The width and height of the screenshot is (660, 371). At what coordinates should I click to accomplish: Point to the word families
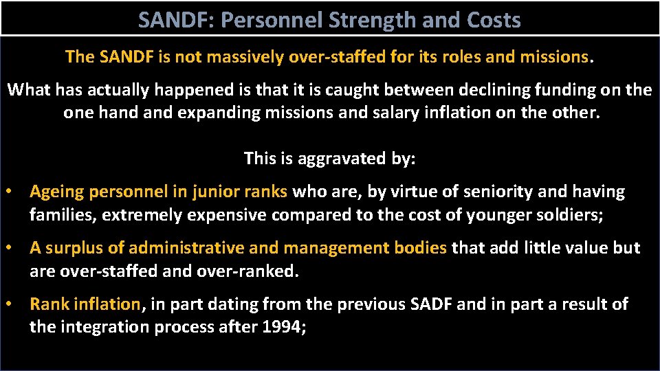tap(62, 215)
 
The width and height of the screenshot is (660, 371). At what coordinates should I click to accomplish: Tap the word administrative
tap(188, 248)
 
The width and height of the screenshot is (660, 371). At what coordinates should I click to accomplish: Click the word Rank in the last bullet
tap(47, 304)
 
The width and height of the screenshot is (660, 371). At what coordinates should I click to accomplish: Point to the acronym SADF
tap(430, 304)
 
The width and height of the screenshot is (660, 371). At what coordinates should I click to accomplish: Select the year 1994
tap(280, 327)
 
